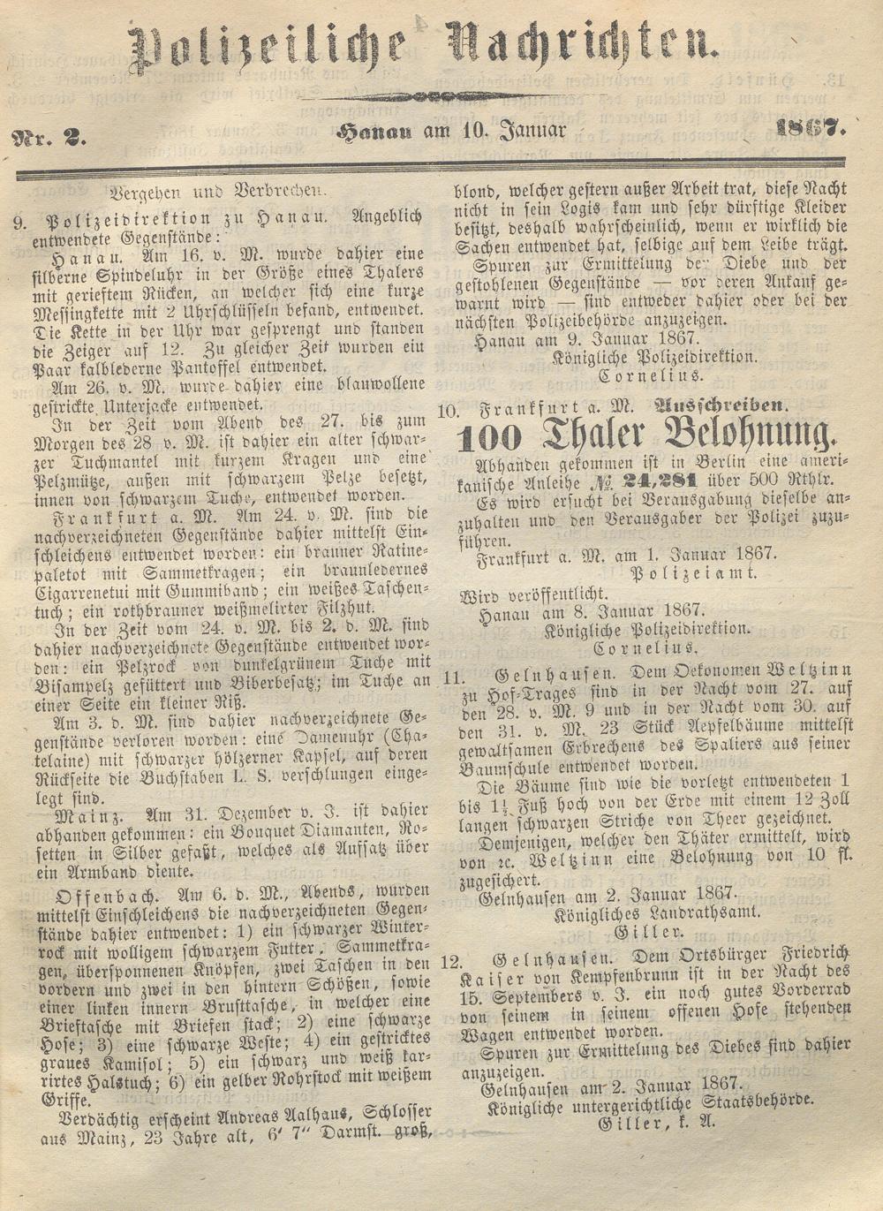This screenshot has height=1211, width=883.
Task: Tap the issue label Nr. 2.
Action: tap(49, 137)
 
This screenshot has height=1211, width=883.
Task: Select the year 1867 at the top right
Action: tap(810, 129)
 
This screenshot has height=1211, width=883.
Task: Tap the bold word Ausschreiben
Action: tap(720, 406)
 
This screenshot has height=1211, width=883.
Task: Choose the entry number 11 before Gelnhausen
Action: tap(452, 678)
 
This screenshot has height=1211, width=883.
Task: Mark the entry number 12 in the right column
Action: tap(450, 961)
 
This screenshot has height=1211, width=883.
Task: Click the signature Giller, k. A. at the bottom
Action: tap(657, 1124)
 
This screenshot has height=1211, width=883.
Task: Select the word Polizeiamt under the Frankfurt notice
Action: tap(693, 572)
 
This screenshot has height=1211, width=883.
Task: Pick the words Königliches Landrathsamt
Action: tap(656, 913)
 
